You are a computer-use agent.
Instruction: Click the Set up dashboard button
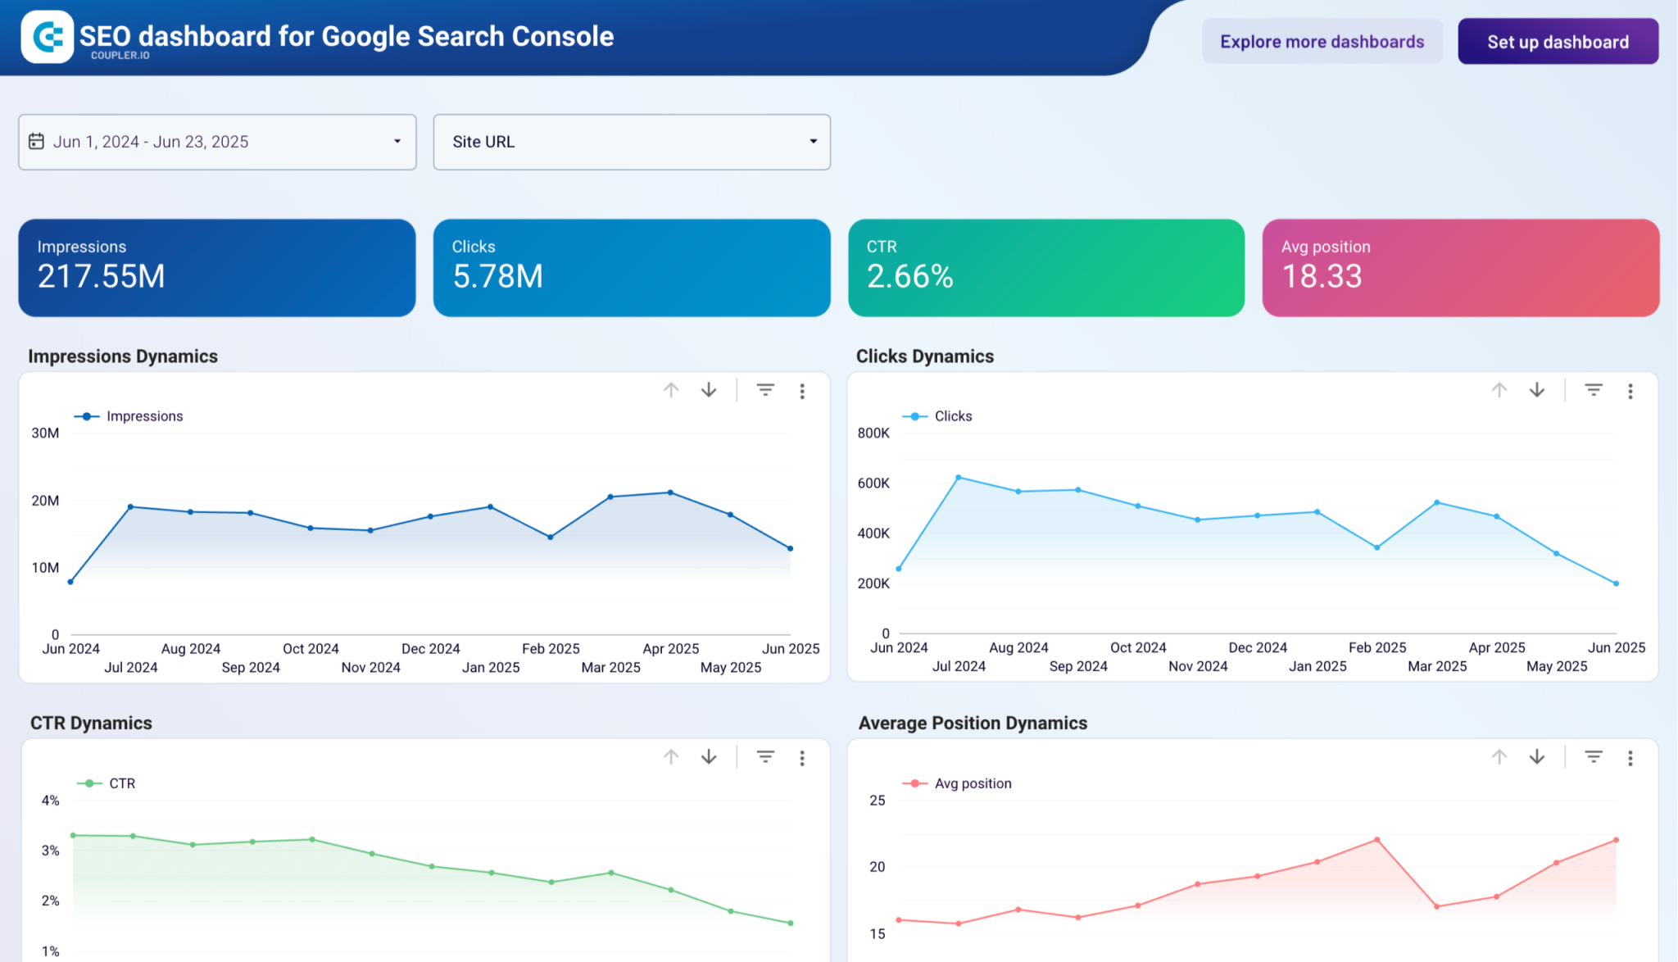(1558, 42)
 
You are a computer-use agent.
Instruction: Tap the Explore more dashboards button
(1322, 42)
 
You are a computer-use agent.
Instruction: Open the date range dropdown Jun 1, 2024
(217, 142)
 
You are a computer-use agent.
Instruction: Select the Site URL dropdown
(631, 142)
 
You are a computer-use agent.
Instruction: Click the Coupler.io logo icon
(48, 37)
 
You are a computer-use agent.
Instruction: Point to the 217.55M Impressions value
(102, 277)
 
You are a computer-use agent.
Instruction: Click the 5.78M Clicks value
(497, 277)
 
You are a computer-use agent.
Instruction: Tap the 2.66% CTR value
(909, 277)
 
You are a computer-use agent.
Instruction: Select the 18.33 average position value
(1322, 277)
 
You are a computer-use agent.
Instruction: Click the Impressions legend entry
(143, 416)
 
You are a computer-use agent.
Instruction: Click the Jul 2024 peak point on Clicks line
(959, 477)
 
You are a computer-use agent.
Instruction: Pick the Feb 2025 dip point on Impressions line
(551, 538)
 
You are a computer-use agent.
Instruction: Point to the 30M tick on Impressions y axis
(45, 433)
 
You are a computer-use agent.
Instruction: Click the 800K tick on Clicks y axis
(873, 433)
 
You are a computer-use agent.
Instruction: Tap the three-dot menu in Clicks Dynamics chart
(1630, 391)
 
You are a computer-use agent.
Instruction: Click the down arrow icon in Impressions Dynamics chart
(709, 390)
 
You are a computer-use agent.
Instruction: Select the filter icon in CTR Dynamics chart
(765, 757)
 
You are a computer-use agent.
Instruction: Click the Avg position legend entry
(972, 783)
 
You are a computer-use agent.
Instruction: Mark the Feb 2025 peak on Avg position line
(1377, 840)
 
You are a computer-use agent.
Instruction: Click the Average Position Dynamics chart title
(973, 723)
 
